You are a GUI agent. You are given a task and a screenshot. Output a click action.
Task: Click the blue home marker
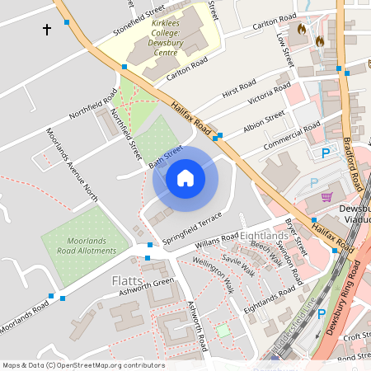click(x=185, y=177)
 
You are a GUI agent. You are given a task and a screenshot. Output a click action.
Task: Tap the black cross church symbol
click(x=47, y=30)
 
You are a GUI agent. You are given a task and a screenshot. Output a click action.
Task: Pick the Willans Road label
click(x=216, y=242)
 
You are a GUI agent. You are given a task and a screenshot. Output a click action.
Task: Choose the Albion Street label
click(x=264, y=124)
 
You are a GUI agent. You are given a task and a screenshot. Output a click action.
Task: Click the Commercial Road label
click(x=292, y=136)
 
